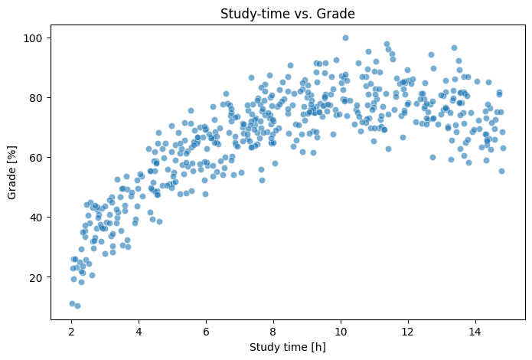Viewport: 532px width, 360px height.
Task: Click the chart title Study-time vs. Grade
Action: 288,13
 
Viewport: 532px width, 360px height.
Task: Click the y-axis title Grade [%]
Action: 13,175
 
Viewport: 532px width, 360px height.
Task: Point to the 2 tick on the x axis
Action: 72,331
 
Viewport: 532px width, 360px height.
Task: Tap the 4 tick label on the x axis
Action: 139,331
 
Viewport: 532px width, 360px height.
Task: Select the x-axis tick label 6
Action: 206,331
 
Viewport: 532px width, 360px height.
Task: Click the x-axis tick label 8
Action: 273,331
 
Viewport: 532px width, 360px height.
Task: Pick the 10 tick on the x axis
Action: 340,331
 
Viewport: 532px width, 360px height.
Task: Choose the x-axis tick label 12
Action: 407,331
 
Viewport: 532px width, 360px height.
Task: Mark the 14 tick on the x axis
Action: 475,331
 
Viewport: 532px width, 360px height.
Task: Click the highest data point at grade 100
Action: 345,38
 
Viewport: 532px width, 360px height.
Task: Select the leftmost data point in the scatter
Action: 72,303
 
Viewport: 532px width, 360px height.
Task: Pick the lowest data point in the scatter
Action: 77,306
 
